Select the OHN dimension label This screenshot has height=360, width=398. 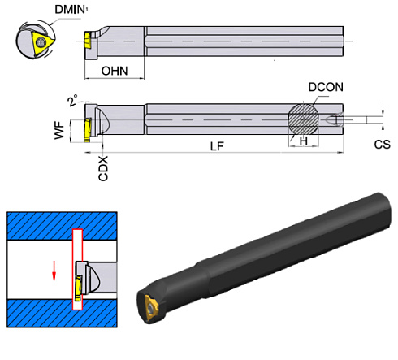[114, 71]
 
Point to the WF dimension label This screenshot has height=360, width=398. [59, 130]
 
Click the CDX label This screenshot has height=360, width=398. [103, 169]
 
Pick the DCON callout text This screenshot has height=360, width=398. [326, 87]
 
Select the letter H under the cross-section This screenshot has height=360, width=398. [302, 140]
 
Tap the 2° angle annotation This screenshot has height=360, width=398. [72, 101]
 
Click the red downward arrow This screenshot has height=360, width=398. [54, 271]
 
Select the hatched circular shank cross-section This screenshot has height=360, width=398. [302, 118]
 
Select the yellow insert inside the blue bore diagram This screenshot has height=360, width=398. [79, 288]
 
